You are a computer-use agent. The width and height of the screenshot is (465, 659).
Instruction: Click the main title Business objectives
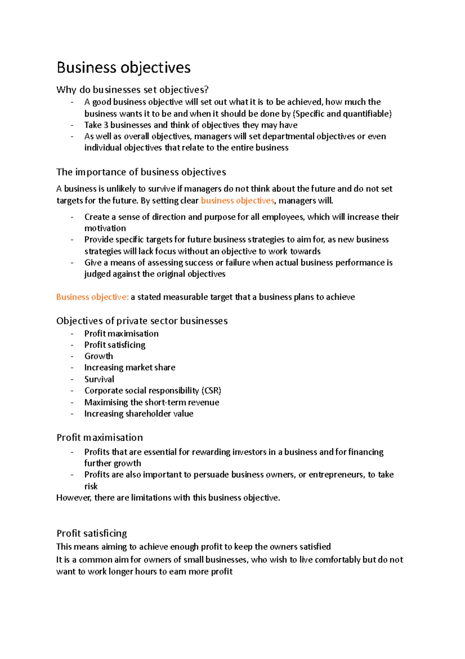pyautogui.click(x=123, y=68)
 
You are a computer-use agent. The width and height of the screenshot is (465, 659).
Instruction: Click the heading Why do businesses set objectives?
pyautogui.click(x=132, y=90)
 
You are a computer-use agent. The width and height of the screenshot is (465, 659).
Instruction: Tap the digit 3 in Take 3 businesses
pyautogui.click(x=106, y=125)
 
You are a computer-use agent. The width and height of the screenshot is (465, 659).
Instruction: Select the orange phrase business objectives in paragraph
pyautogui.click(x=237, y=201)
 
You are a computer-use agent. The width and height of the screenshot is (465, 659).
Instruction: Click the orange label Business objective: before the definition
pyautogui.click(x=92, y=297)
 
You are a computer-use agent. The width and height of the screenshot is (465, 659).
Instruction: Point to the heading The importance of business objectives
pyautogui.click(x=141, y=172)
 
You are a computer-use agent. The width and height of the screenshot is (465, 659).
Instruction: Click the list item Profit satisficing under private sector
pyautogui.click(x=115, y=345)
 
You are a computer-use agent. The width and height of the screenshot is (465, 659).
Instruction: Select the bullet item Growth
pyautogui.click(x=98, y=356)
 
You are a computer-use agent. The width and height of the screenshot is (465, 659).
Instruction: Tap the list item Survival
pyautogui.click(x=99, y=379)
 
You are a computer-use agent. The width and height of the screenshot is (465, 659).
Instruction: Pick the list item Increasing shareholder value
pyautogui.click(x=139, y=414)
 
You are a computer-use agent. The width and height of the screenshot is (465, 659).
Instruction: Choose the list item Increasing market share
pyautogui.click(x=129, y=368)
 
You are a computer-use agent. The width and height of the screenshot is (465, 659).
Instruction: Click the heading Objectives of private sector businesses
pyautogui.click(x=142, y=321)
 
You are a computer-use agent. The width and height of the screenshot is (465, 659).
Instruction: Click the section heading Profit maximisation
pyautogui.click(x=100, y=437)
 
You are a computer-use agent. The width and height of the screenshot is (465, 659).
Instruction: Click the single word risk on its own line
pyautogui.click(x=91, y=486)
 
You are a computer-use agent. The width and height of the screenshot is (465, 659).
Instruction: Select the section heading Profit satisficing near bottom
pyautogui.click(x=91, y=533)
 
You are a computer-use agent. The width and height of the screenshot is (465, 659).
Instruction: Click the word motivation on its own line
pyautogui.click(x=105, y=228)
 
